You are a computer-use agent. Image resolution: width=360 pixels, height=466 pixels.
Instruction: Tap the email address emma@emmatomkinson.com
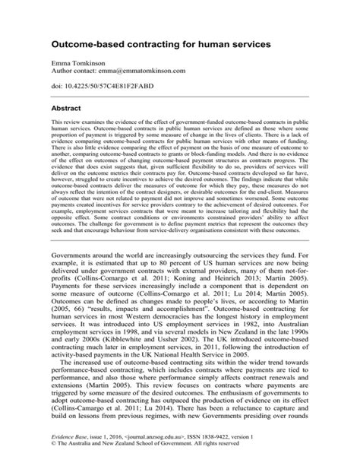coord(146,72)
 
